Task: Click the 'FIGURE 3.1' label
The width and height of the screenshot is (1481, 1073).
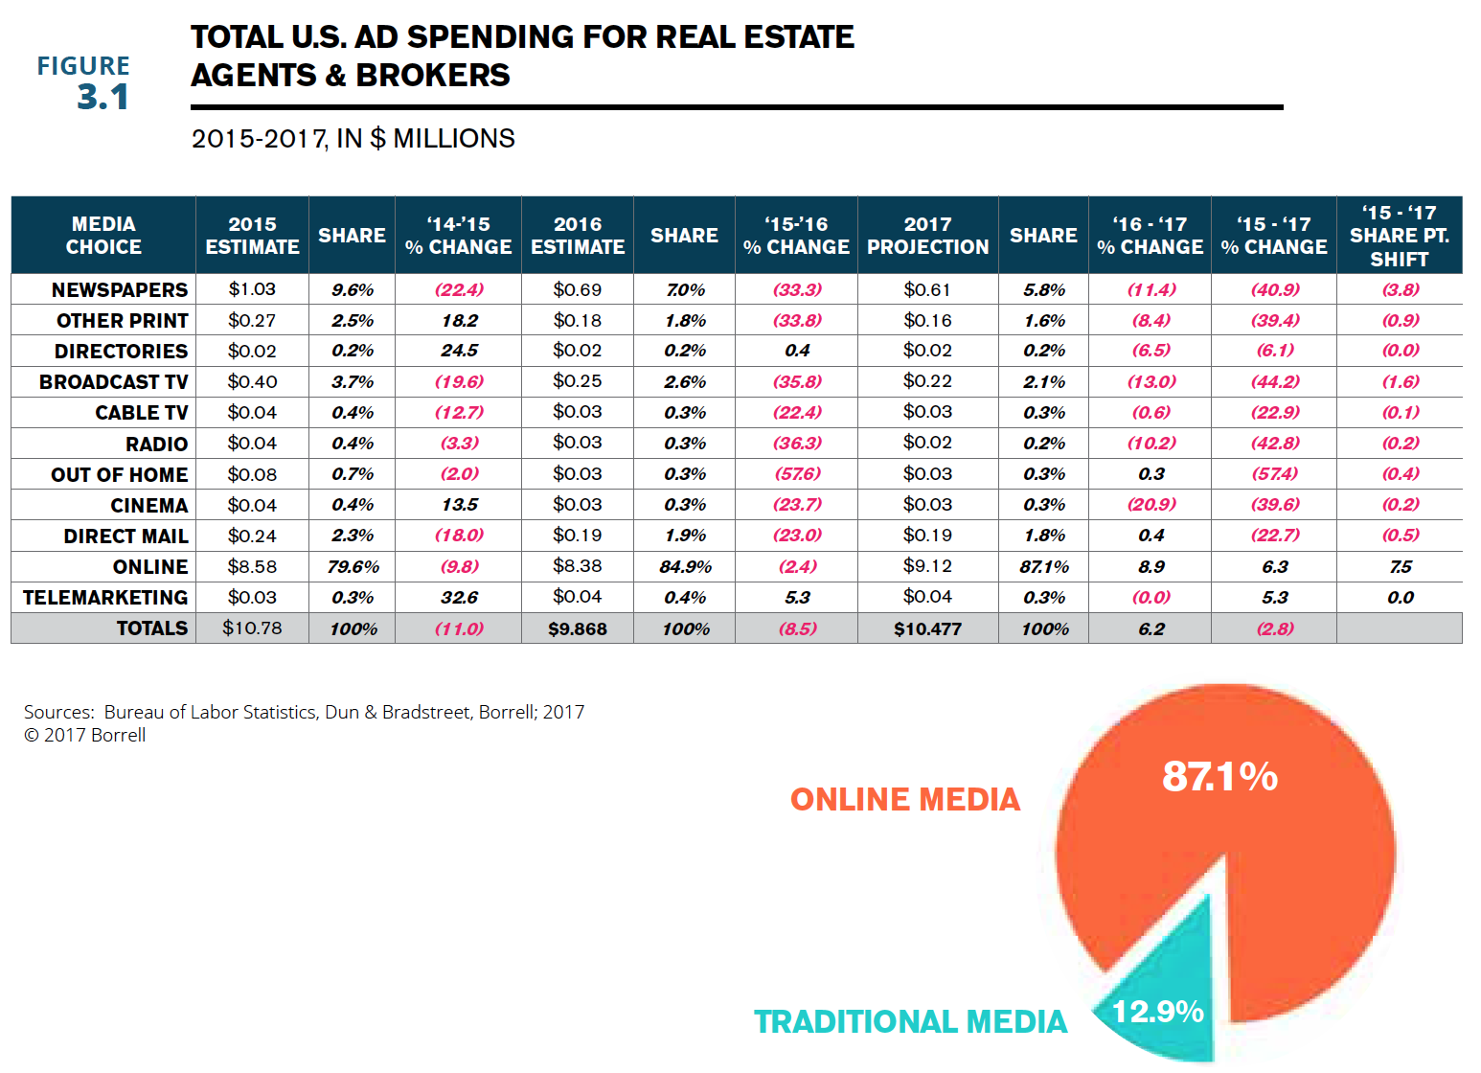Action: [83, 82]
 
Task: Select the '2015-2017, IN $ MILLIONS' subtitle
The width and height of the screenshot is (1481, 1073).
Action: [353, 139]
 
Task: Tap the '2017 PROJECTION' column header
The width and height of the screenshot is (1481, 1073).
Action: [927, 236]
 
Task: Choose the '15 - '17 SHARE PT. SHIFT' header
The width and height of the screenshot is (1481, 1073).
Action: [1399, 236]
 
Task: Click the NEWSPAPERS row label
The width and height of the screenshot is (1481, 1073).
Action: [120, 290]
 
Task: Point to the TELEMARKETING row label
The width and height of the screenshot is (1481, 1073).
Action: [105, 598]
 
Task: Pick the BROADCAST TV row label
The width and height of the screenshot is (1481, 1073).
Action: [113, 382]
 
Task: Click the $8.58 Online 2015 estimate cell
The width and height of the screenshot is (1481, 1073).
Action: [252, 566]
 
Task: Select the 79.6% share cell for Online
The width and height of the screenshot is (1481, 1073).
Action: [353, 567]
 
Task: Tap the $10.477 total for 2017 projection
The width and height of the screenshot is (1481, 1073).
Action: [927, 629]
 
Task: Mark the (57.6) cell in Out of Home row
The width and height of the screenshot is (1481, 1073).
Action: [797, 474]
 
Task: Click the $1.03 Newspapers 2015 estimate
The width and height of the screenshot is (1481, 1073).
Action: [252, 289]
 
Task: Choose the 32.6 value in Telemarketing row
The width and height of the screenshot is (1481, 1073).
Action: [459, 598]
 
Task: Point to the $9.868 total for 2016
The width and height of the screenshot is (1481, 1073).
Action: [577, 629]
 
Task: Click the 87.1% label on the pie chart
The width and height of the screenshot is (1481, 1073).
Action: [1219, 777]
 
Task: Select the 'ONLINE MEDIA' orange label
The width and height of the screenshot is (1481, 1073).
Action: [905, 800]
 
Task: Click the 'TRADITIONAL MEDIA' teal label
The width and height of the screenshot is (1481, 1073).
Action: [910, 1022]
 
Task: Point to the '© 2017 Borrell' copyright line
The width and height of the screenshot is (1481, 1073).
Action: [85, 736]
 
